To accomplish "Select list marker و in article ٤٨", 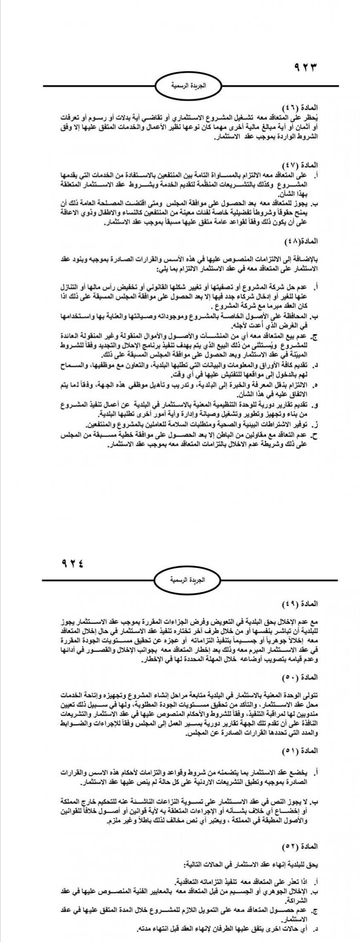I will [x=316, y=403].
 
